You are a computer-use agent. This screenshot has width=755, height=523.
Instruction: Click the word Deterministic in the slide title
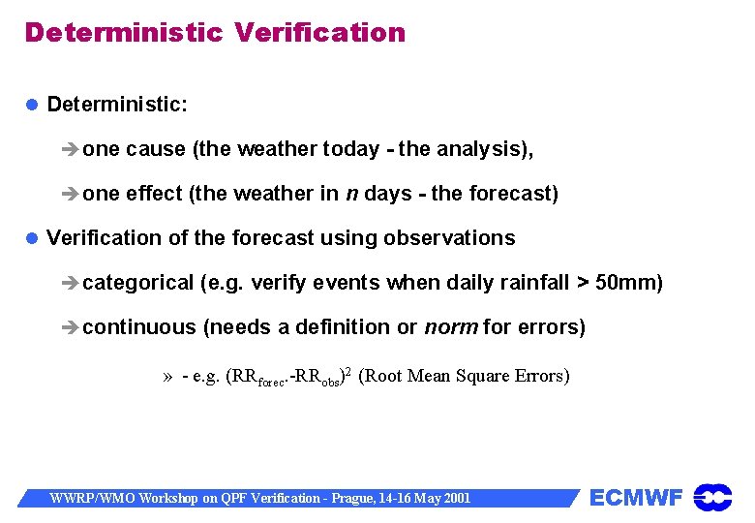pyautogui.click(x=123, y=33)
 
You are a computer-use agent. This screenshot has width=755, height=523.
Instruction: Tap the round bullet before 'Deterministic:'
pyautogui.click(x=32, y=104)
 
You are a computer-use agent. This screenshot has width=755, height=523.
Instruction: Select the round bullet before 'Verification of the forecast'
pyautogui.click(x=32, y=238)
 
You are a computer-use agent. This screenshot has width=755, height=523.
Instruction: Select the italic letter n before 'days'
pyautogui.click(x=351, y=194)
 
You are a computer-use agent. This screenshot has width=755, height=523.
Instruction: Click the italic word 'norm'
pyautogui.click(x=451, y=327)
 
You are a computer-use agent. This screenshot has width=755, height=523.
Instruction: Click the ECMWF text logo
pyautogui.click(x=636, y=499)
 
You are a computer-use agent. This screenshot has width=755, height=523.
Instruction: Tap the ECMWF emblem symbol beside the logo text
pyautogui.click(x=712, y=498)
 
